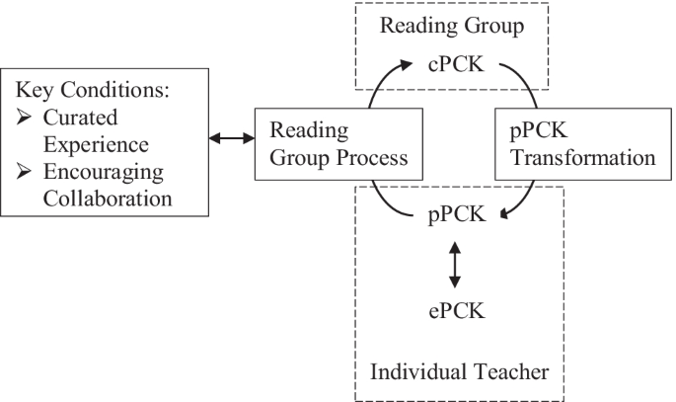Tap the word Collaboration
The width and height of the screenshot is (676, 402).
coord(107,198)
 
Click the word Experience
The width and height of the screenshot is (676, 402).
coord(95,144)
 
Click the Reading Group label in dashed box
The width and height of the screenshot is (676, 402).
coord(453,24)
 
